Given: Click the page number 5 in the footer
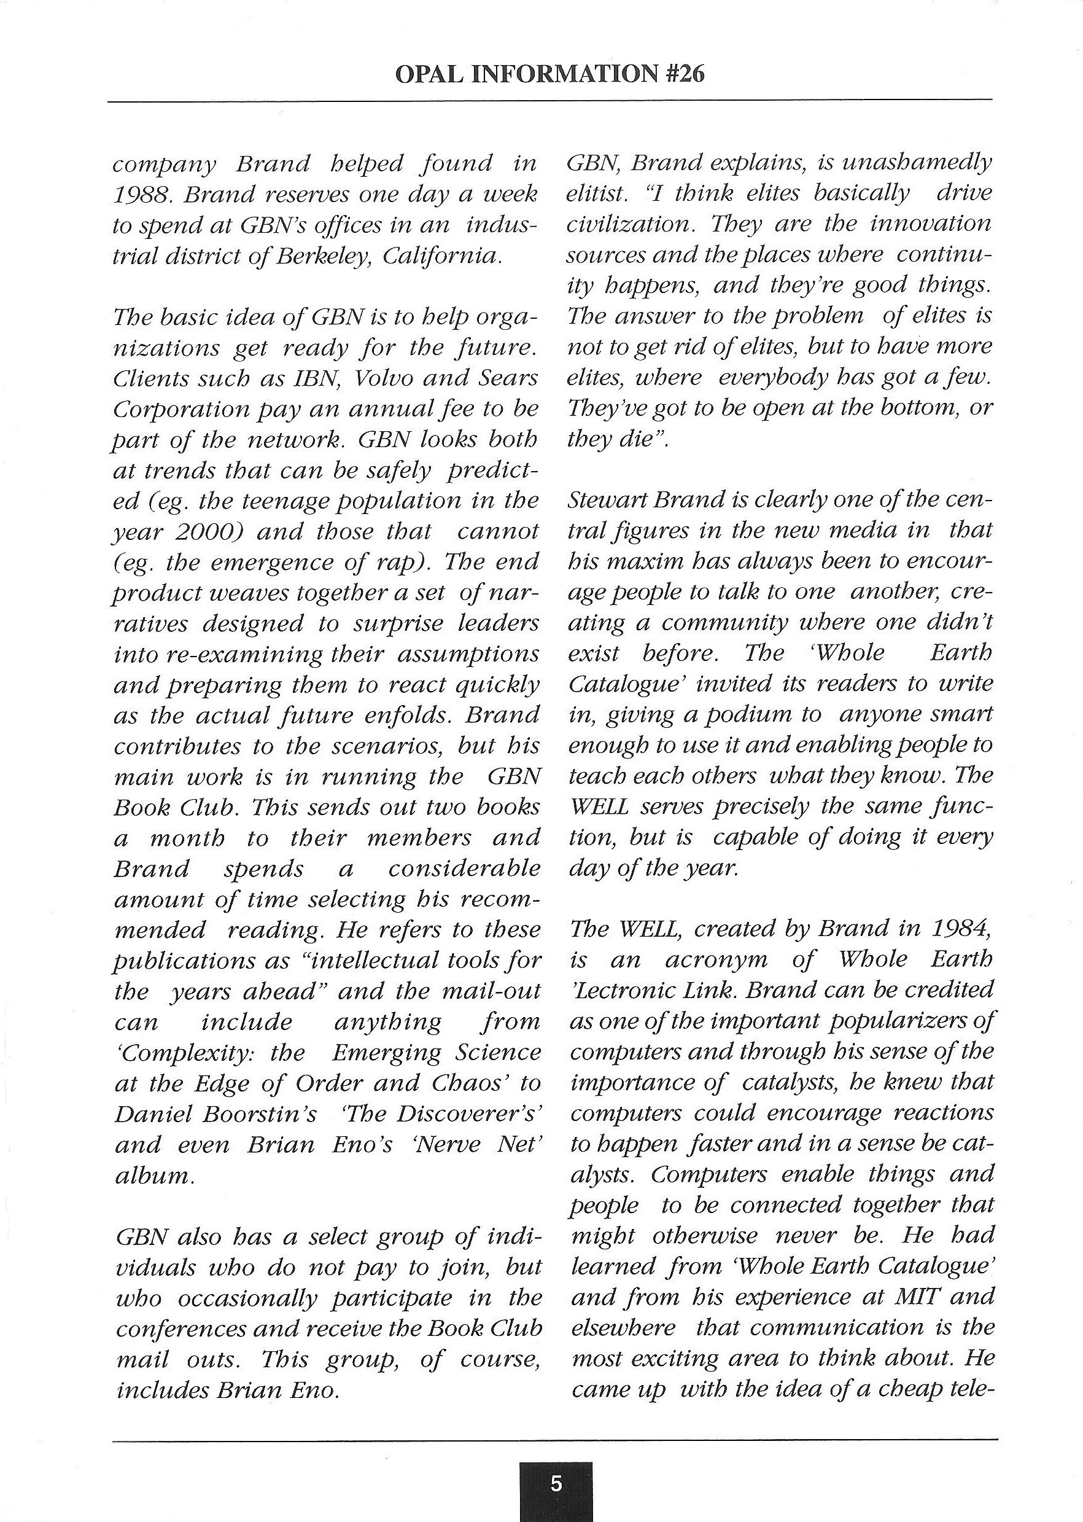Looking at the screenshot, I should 556,1484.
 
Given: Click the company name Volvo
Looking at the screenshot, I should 386,379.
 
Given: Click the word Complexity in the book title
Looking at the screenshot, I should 187,1053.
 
